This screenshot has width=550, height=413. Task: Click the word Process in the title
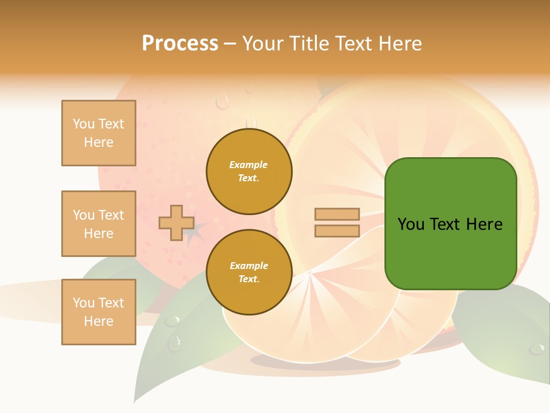[x=180, y=44]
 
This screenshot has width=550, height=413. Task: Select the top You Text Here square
[x=99, y=133]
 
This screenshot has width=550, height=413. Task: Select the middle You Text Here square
[x=99, y=224]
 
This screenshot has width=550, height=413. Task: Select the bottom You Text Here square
[x=99, y=311]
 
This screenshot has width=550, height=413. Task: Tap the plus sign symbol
[x=176, y=223]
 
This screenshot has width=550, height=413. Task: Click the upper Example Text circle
[x=249, y=172]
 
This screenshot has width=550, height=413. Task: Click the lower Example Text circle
[x=249, y=272]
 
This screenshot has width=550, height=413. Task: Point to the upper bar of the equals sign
[x=337, y=214]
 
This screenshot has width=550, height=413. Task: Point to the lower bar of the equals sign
[x=337, y=231]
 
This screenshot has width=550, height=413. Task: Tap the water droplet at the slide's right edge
[x=537, y=349]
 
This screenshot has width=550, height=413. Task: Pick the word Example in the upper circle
[x=248, y=165]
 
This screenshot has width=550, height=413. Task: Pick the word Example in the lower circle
[x=249, y=266]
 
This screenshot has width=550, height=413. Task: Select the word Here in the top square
[x=99, y=142]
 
